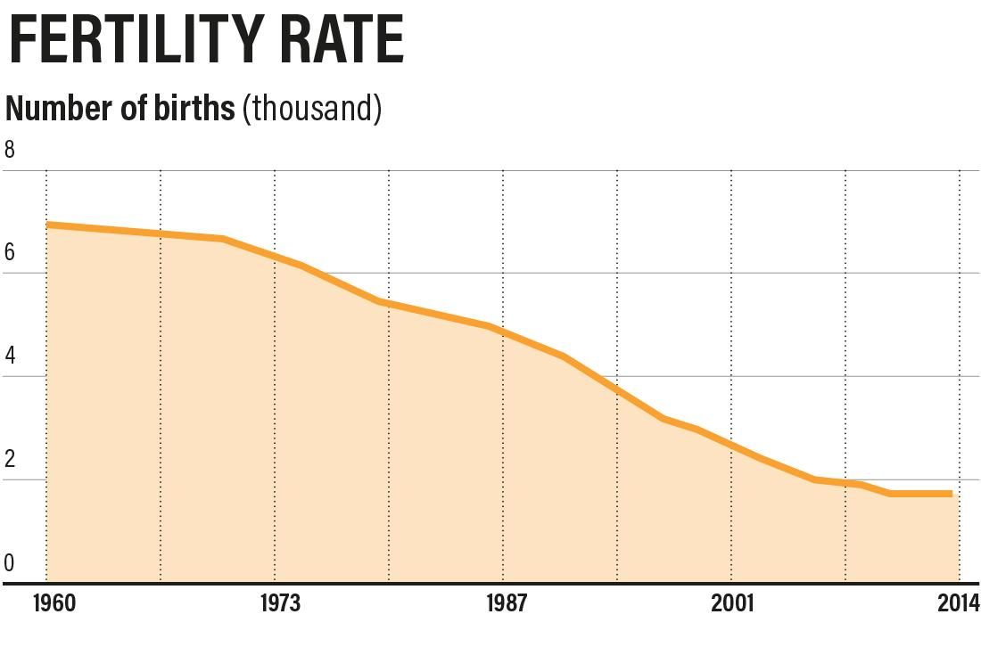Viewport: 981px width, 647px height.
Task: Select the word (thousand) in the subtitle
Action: tap(312, 109)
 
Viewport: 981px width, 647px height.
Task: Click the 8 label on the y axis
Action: tap(10, 151)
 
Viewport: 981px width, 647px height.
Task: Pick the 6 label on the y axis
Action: tap(10, 253)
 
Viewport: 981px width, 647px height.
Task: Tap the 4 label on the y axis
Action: tap(10, 356)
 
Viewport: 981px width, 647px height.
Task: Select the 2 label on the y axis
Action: tap(10, 460)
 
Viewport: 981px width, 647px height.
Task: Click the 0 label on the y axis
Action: tap(10, 563)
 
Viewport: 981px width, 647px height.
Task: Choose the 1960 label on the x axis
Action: tap(54, 604)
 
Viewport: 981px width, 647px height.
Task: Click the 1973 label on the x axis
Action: tap(280, 604)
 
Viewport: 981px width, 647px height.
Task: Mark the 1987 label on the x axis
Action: tap(507, 604)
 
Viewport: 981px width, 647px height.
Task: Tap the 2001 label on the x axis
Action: tap(732, 604)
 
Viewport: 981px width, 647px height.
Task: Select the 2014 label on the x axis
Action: tap(957, 604)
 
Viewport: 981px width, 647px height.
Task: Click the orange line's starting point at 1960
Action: tap(47, 225)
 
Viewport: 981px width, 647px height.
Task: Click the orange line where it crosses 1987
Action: tap(503, 332)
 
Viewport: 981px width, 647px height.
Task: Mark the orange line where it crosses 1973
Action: tap(275, 257)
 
